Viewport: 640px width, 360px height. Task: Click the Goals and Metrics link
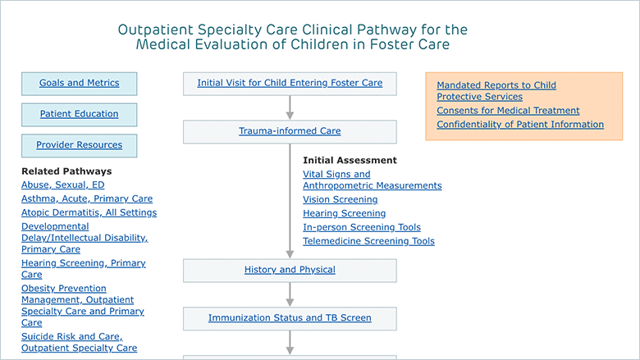pyautogui.click(x=80, y=83)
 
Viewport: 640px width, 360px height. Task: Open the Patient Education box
pyautogui.click(x=80, y=115)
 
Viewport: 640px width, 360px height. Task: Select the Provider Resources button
pyautogui.click(x=80, y=145)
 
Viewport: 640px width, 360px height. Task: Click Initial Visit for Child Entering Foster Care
pyautogui.click(x=290, y=83)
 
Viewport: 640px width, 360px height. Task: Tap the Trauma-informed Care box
pyautogui.click(x=290, y=132)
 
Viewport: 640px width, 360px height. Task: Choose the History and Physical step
pyautogui.click(x=290, y=271)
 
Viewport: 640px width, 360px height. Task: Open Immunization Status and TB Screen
pyautogui.click(x=290, y=317)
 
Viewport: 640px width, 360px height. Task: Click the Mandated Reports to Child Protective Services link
pyautogui.click(x=496, y=91)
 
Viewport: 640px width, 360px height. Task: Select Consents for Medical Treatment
pyautogui.click(x=508, y=111)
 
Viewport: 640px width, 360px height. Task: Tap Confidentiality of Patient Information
pyautogui.click(x=520, y=125)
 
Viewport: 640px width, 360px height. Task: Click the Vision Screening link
pyautogui.click(x=341, y=199)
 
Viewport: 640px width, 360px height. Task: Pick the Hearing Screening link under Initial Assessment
pyautogui.click(x=344, y=213)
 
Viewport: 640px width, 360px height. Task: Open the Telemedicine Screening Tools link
pyautogui.click(x=368, y=241)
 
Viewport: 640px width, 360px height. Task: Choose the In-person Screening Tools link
pyautogui.click(x=362, y=227)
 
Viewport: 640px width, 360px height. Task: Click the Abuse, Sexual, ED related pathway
pyautogui.click(x=63, y=185)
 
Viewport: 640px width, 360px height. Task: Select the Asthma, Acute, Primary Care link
pyautogui.click(x=87, y=198)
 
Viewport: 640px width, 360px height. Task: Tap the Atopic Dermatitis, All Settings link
pyautogui.click(x=89, y=212)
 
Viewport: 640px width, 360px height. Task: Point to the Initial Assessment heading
pyautogui.click(x=350, y=160)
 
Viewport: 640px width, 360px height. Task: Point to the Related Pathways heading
pyautogui.click(x=66, y=171)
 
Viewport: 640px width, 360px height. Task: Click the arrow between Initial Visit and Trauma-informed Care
pyautogui.click(x=290, y=107)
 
